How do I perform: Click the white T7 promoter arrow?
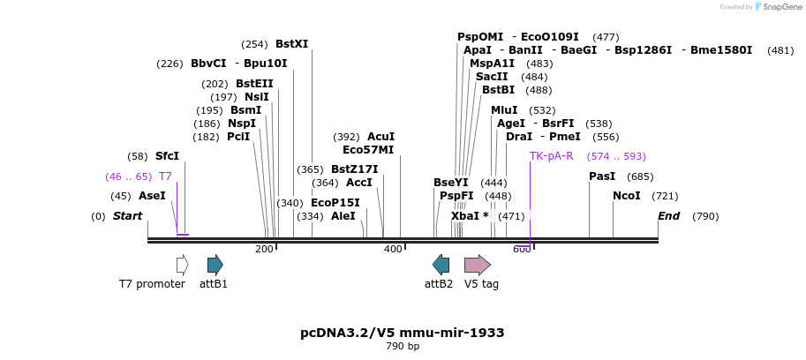tap(182, 265)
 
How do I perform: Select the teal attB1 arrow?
tap(215, 265)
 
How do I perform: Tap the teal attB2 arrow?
tap(441, 265)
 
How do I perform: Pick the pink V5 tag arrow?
tap(477, 265)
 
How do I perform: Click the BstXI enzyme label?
tap(291, 44)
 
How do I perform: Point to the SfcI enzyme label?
tap(167, 156)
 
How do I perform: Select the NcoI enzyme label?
tap(627, 196)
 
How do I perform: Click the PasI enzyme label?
tap(602, 176)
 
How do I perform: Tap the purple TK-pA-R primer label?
tap(551, 156)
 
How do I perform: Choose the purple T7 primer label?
tap(165, 176)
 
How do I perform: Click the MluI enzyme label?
tap(504, 110)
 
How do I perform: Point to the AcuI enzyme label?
tap(380, 137)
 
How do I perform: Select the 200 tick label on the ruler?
tap(264, 250)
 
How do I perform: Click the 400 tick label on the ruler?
tap(393, 250)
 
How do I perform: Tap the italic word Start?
tap(127, 216)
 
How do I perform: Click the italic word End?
tap(669, 216)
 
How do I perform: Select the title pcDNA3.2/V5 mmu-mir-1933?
tap(403, 333)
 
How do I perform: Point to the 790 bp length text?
tap(403, 347)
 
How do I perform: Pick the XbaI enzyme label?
tap(463, 216)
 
